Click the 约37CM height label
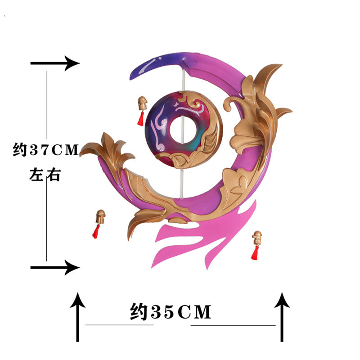coord(46,149)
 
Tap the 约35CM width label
coord(171,311)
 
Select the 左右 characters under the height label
coord(45,175)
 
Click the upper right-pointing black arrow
coord(55,63)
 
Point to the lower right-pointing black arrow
coord(55,267)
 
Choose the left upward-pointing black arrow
coord(77,317)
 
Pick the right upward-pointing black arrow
coord(282,317)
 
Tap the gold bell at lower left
coord(100,216)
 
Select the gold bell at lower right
coord(257,238)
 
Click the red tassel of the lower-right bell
coord(255,253)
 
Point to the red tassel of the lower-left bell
coord(96,231)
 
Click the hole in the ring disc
coord(183,130)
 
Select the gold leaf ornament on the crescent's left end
coord(108,152)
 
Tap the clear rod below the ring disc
coord(182,184)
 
